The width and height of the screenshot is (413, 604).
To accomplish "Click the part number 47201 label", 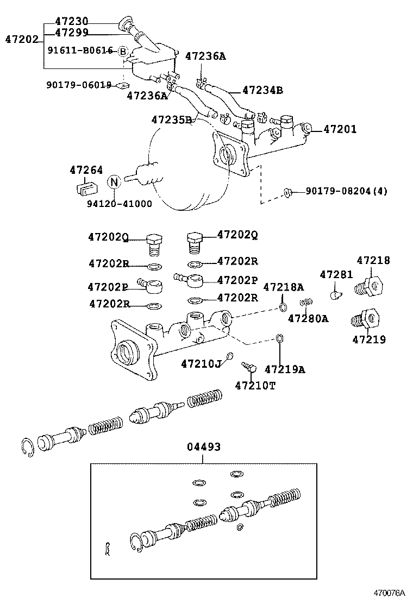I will [x=340, y=129].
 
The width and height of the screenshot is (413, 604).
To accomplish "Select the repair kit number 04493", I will [x=204, y=447].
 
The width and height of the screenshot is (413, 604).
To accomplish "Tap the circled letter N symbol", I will [x=114, y=181].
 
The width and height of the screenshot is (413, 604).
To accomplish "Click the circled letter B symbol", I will [x=123, y=52].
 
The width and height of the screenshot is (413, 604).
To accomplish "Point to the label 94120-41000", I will [x=119, y=204].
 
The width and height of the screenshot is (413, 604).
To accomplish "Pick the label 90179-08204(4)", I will [x=346, y=191].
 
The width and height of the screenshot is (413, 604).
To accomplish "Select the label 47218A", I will [x=283, y=287].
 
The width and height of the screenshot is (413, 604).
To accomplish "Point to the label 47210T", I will [x=255, y=385].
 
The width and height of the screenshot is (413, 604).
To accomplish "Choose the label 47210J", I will [x=201, y=363].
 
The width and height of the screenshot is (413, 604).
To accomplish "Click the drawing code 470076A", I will [x=389, y=593].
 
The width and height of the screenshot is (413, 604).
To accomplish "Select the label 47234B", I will [x=262, y=90].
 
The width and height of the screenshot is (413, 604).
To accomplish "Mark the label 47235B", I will [x=171, y=119].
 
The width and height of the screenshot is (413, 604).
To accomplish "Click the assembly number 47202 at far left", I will [x=22, y=39].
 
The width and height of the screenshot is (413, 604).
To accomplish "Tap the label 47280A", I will [x=308, y=318].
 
